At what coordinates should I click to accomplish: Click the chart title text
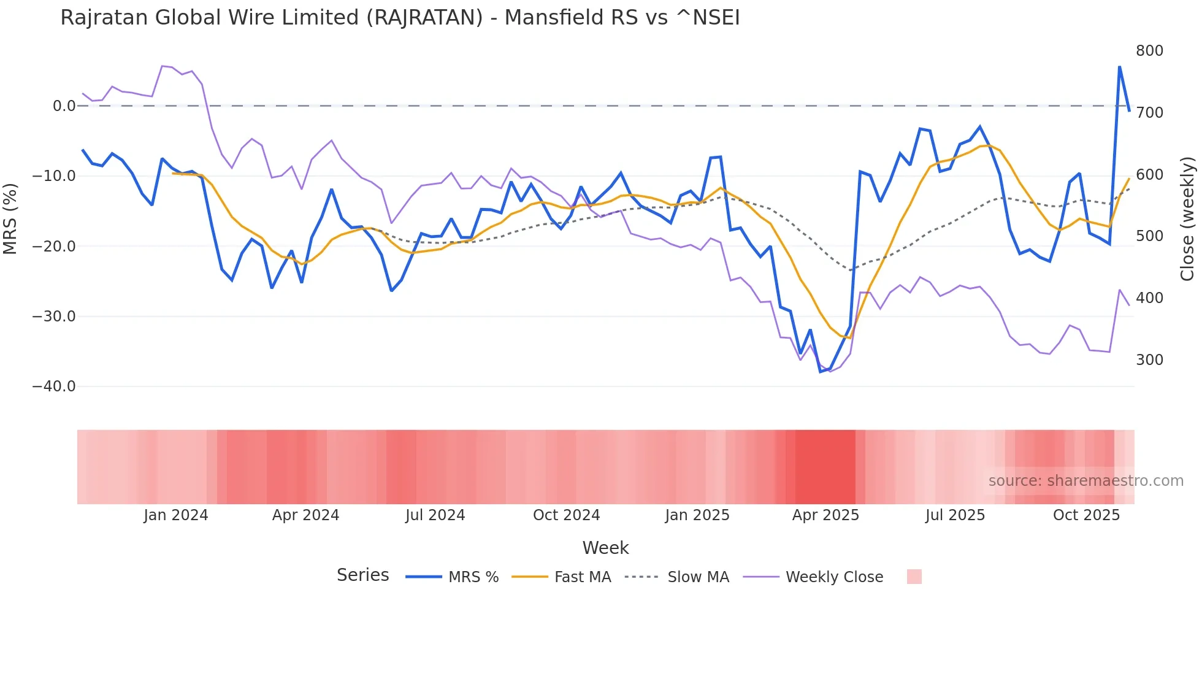coord(400,17)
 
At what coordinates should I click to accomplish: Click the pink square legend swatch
coord(914,577)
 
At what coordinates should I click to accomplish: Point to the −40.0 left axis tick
coord(54,386)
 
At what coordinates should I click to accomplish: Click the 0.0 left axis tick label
coord(64,106)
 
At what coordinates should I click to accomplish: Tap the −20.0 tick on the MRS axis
coord(54,247)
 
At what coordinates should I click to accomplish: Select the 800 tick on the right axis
coord(1149,51)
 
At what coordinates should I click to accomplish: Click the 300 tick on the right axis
coord(1149,360)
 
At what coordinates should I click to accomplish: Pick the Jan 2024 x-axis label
coord(176,515)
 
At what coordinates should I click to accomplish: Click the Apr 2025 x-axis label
coord(825,515)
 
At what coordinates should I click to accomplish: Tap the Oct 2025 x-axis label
coord(1086,515)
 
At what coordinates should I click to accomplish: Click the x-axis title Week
coord(605,548)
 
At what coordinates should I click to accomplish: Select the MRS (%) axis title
coord(10,218)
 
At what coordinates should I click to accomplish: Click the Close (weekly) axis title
coord(1187,218)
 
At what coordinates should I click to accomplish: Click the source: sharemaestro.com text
coord(1085,481)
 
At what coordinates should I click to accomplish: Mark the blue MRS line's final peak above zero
coord(1119,67)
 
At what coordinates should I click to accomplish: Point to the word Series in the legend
coord(362,575)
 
